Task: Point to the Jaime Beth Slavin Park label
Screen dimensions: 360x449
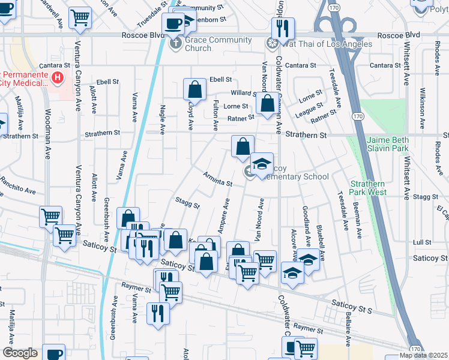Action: [x=387, y=143]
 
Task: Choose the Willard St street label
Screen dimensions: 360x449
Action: [x=244, y=93]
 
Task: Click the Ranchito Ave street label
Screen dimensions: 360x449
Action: [x=17, y=185]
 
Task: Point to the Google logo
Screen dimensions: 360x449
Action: [x=20, y=353]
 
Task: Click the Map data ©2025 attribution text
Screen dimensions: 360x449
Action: [x=423, y=355]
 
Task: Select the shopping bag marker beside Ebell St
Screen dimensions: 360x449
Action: [x=195, y=90]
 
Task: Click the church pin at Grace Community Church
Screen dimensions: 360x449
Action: [x=175, y=43]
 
